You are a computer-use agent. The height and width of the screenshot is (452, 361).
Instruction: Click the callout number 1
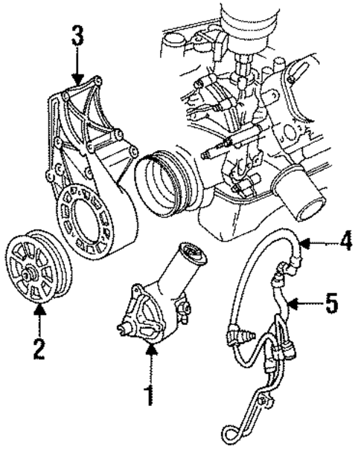[x=150, y=393]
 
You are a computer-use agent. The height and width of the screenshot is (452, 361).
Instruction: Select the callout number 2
[x=39, y=349]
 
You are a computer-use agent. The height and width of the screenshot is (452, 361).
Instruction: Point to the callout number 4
[x=344, y=242]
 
